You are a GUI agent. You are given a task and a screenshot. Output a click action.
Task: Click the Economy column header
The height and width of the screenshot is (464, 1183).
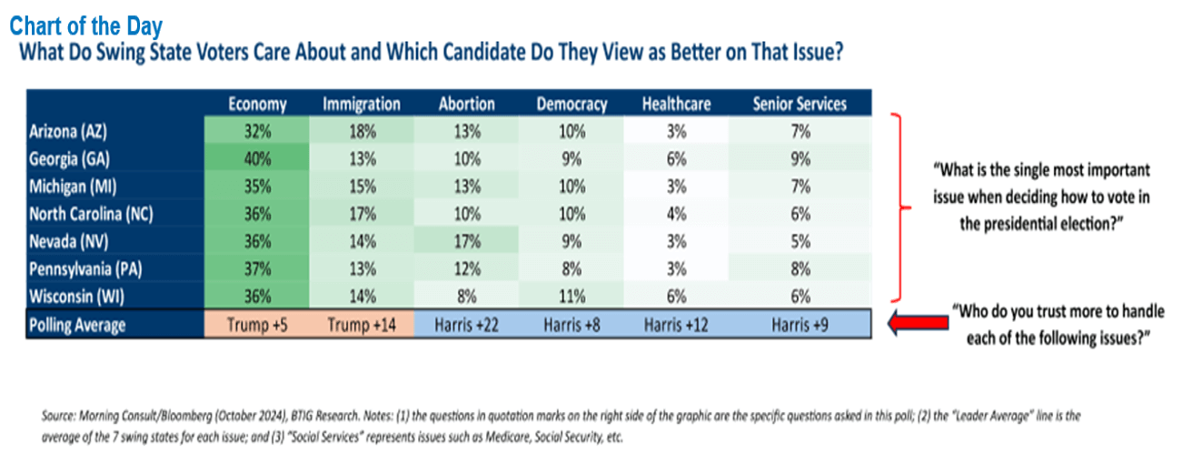pyautogui.click(x=257, y=104)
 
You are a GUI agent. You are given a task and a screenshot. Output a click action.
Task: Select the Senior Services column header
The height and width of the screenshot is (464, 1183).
pyautogui.click(x=800, y=104)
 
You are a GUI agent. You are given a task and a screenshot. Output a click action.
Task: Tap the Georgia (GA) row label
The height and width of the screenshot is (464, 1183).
pyautogui.click(x=69, y=158)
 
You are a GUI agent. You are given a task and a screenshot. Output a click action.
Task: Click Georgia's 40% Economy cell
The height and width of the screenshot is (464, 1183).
pyautogui.click(x=257, y=158)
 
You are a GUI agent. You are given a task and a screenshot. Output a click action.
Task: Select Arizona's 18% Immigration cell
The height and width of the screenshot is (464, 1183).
pyautogui.click(x=361, y=131)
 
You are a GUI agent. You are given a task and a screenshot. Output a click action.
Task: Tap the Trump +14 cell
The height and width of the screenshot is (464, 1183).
pyautogui.click(x=361, y=325)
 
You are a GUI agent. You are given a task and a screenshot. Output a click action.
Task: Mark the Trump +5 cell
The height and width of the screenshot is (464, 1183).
pyautogui.click(x=257, y=325)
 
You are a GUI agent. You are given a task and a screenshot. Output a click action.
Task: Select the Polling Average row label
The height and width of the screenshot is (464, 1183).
pyautogui.click(x=78, y=325)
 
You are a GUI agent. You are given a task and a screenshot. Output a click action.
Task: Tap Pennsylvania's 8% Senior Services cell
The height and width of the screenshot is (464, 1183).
pyautogui.click(x=800, y=267)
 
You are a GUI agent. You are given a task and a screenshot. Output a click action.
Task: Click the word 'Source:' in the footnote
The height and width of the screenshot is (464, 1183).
pyautogui.click(x=60, y=416)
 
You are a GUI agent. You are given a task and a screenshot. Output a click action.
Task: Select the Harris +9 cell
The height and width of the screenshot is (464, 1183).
pyautogui.click(x=800, y=325)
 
